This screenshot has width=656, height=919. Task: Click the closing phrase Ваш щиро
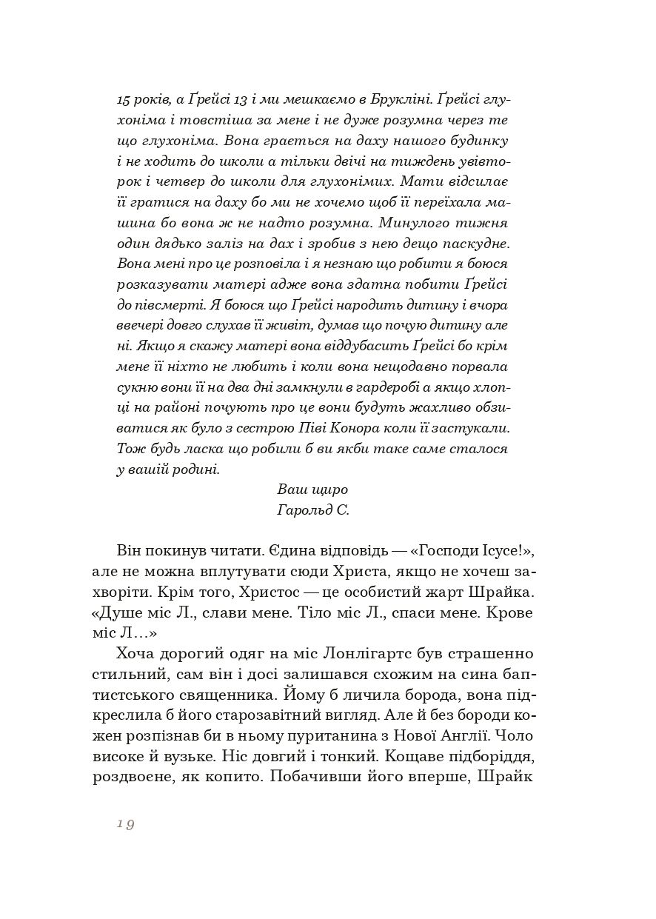(312, 489)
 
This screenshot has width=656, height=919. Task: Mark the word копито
(233, 778)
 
